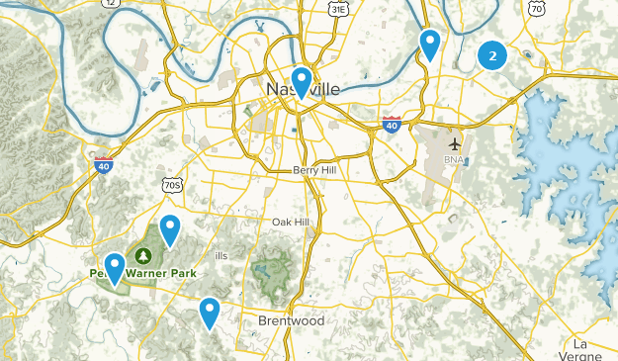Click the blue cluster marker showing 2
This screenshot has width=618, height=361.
pyautogui.click(x=492, y=56)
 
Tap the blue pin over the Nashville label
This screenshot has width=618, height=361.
pyautogui.click(x=302, y=82)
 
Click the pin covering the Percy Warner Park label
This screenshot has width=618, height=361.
pyautogui.click(x=115, y=268)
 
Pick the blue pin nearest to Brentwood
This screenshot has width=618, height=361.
pyautogui.click(x=209, y=313)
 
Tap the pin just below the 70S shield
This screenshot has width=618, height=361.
pyautogui.click(x=170, y=230)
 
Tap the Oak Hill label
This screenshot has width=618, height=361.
pyautogui.click(x=291, y=222)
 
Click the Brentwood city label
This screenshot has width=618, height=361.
pyautogui.click(x=290, y=321)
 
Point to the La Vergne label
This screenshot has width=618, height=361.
pyautogui.click(x=588, y=350)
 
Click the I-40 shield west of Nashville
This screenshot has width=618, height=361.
pyautogui.click(x=103, y=165)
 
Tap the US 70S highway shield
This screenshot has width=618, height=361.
pyautogui.click(x=171, y=185)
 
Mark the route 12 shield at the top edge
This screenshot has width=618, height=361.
pyautogui.click(x=108, y=3)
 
